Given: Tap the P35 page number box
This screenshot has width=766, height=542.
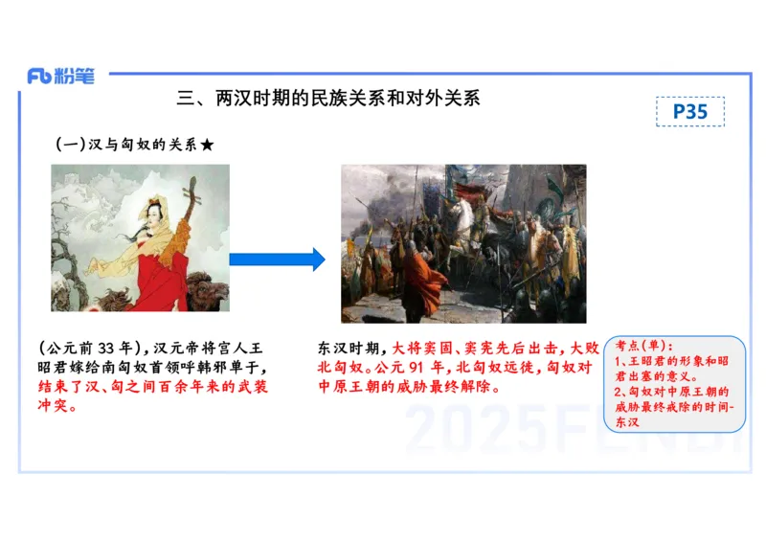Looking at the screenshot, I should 689,111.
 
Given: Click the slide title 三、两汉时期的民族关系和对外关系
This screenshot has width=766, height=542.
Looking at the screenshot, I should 328,98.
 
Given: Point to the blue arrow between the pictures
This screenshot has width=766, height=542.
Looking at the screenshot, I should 278,259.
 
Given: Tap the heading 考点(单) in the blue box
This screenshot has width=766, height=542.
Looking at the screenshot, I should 643,346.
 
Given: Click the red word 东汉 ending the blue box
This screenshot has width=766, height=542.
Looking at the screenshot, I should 627,422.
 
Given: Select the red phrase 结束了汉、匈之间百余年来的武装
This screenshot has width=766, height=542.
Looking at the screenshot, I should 153,387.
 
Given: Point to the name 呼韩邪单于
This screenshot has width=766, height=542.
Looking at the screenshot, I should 221,368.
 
